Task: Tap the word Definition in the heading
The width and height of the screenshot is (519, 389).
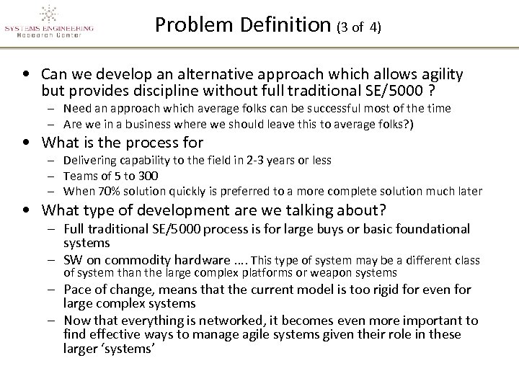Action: pyautogui.click(x=291, y=27)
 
